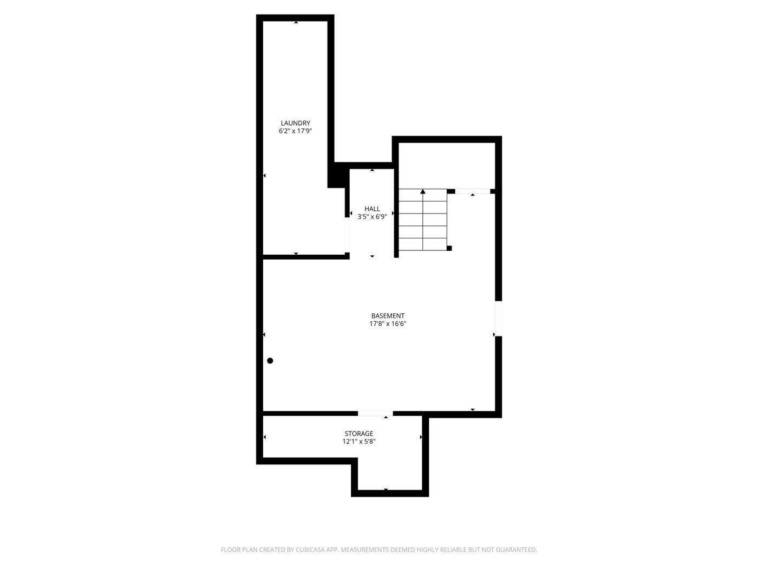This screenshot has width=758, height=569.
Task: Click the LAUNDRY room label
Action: click(x=295, y=123)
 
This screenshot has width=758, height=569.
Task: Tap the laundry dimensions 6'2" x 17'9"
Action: click(x=295, y=131)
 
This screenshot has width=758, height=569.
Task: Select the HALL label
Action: click(x=372, y=209)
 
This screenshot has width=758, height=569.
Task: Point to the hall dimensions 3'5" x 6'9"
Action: click(x=372, y=217)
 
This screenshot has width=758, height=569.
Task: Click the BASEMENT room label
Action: click(x=388, y=316)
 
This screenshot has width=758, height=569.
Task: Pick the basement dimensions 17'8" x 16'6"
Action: click(x=388, y=324)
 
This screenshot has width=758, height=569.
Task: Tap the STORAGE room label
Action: click(x=359, y=434)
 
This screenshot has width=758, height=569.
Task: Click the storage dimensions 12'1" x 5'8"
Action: click(x=359, y=442)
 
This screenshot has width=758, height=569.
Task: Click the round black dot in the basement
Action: click(x=270, y=361)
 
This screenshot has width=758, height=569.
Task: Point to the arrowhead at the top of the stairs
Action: click(x=423, y=191)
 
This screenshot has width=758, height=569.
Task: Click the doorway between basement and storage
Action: click(x=375, y=414)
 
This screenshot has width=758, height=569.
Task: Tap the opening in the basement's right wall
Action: click(x=498, y=318)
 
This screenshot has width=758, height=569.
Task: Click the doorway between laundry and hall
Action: click(x=347, y=235)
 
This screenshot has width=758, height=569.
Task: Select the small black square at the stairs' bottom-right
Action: click(x=449, y=248)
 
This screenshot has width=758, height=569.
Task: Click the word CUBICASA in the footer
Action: click(x=310, y=550)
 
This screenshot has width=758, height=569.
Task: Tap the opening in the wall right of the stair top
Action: click(x=472, y=191)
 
